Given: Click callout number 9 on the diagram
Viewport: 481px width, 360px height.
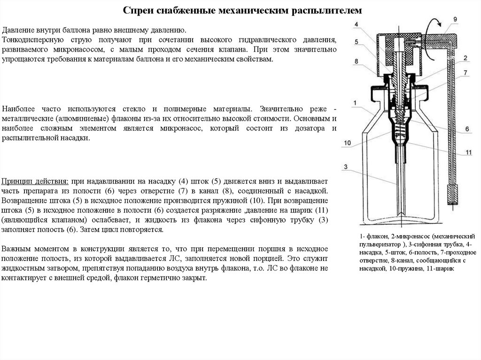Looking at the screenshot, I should click(x=455, y=19).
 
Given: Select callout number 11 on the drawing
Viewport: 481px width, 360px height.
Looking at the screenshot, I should click(x=469, y=153).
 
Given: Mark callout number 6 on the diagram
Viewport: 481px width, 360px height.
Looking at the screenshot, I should click(x=467, y=129).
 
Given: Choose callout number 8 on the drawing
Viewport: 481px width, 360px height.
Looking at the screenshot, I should click(x=357, y=61).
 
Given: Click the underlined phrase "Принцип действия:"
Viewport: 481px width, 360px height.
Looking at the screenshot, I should click(x=35, y=181).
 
